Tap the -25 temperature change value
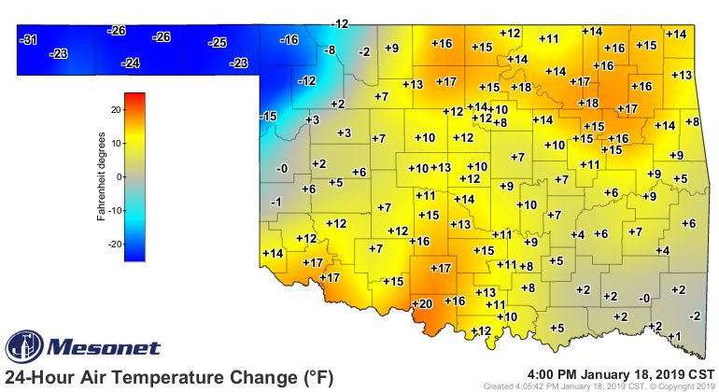219,43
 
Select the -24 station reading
131,63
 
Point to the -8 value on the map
329,49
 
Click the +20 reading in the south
422,304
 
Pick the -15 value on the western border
268,116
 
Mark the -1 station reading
275,203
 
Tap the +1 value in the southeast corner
675,336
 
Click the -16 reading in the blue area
289,39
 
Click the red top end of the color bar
135,96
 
